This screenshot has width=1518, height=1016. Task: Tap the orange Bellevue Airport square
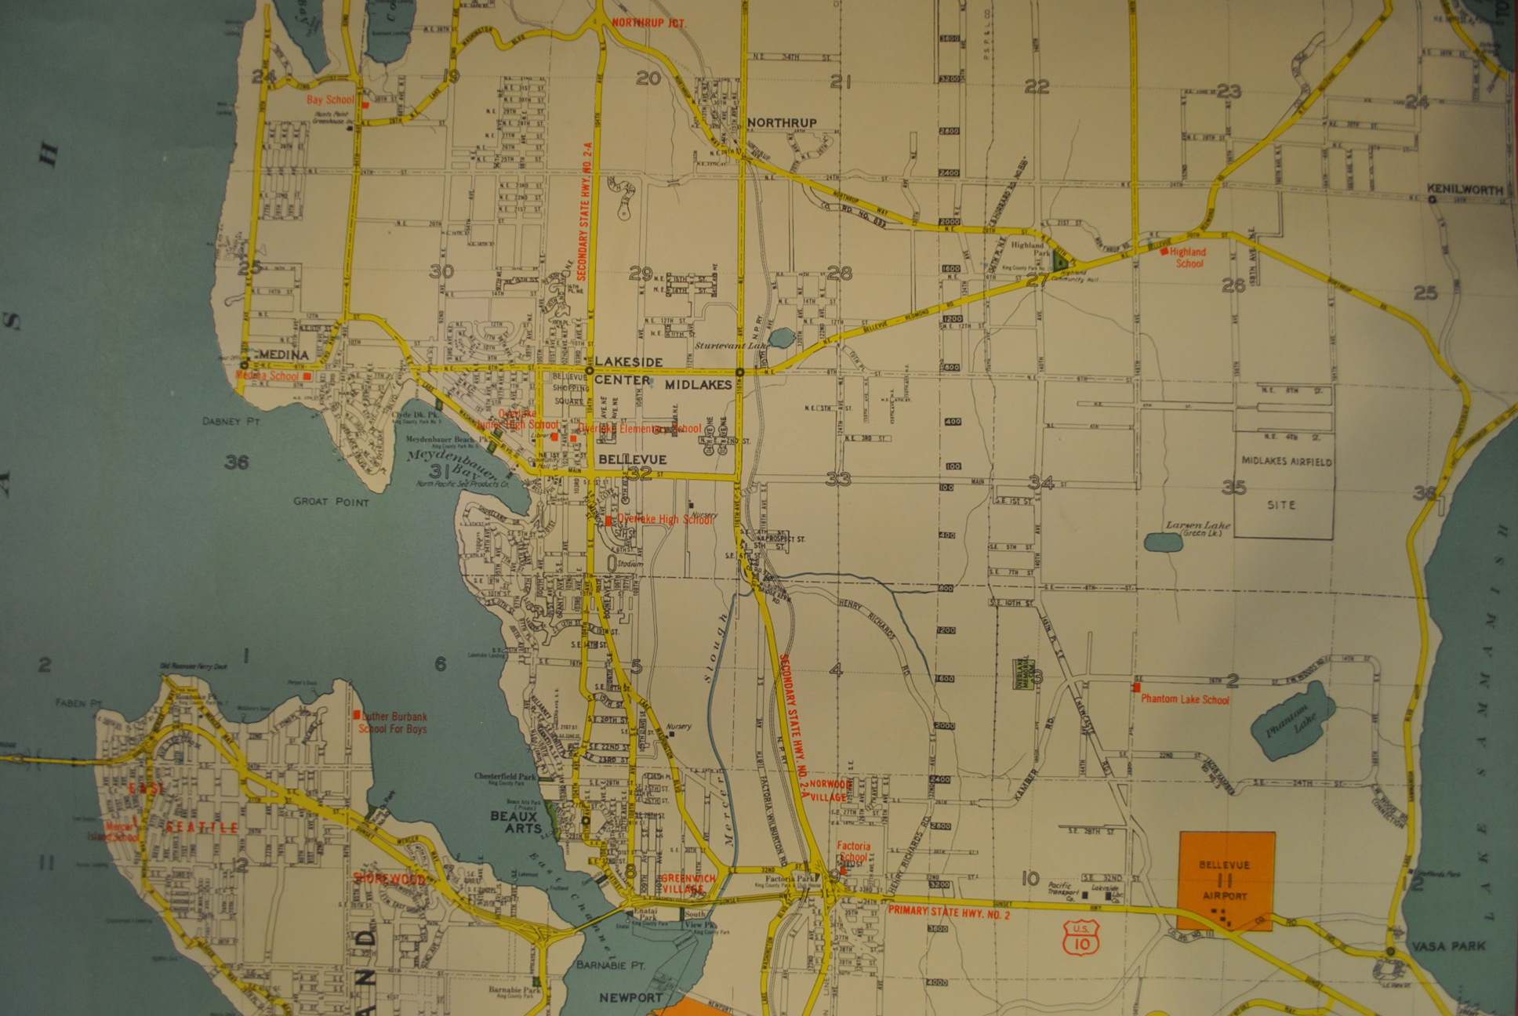click(1227, 881)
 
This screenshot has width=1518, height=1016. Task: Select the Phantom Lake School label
click(1185, 699)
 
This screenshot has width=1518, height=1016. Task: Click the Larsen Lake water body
click(1163, 542)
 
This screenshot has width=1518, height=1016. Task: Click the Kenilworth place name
click(1465, 190)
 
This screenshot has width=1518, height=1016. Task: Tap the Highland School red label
click(1188, 257)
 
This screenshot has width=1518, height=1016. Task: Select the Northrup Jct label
click(648, 23)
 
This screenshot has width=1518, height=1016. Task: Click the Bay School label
click(330, 100)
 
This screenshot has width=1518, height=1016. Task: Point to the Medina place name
click(283, 355)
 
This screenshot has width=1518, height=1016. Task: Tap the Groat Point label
click(331, 502)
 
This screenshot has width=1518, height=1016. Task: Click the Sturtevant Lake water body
click(781, 338)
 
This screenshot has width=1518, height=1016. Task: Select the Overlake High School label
click(665, 519)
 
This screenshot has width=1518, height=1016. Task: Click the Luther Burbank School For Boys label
click(394, 722)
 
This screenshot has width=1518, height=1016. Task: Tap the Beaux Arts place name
click(514, 822)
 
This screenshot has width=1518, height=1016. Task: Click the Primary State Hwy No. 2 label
click(949, 912)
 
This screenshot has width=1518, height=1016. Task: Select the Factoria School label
click(853, 851)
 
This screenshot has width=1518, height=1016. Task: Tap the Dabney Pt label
click(231, 421)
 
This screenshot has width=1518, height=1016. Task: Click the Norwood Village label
click(830, 789)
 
